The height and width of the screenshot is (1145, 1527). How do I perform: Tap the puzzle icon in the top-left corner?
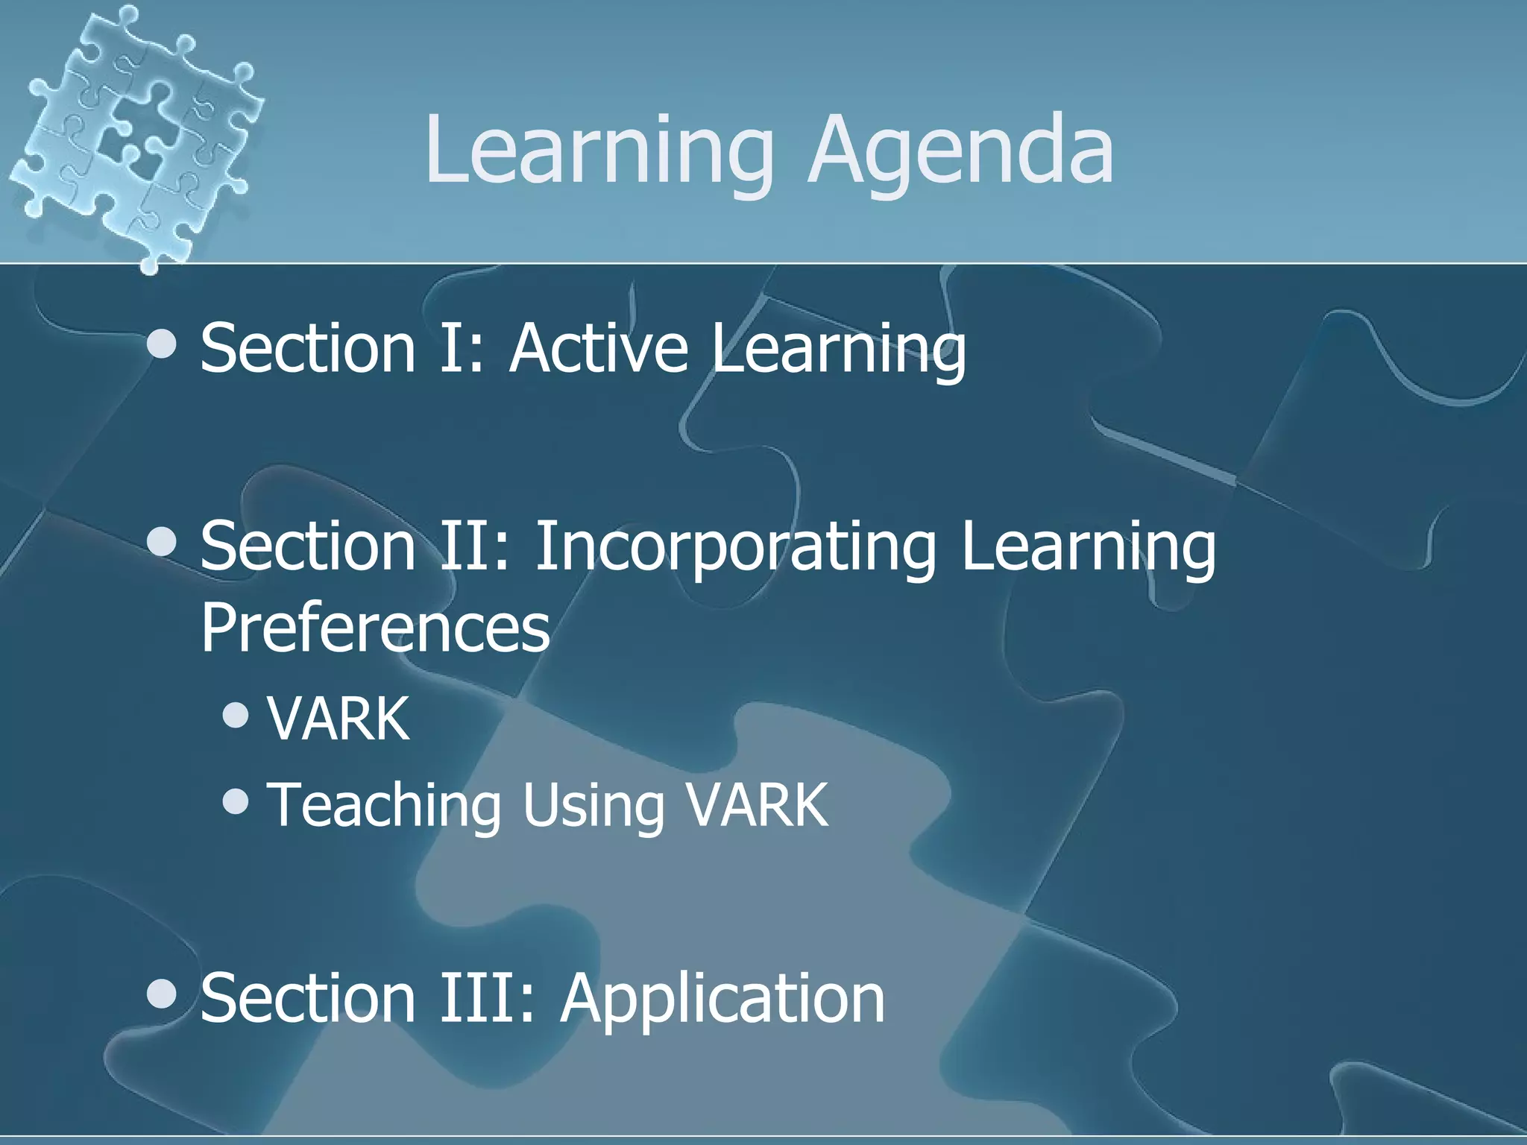pos(134,134)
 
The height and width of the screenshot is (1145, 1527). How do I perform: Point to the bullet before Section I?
pos(162,344)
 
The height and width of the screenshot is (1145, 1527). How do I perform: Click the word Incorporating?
pos(734,548)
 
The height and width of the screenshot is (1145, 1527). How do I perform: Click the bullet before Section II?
pos(162,543)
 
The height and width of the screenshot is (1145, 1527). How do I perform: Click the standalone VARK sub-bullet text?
pos(339,719)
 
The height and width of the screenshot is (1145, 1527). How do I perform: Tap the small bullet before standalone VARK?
pos(236,716)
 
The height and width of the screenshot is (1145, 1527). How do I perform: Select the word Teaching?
pos(384,805)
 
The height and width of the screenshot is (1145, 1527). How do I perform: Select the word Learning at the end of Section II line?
pos(1088,548)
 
